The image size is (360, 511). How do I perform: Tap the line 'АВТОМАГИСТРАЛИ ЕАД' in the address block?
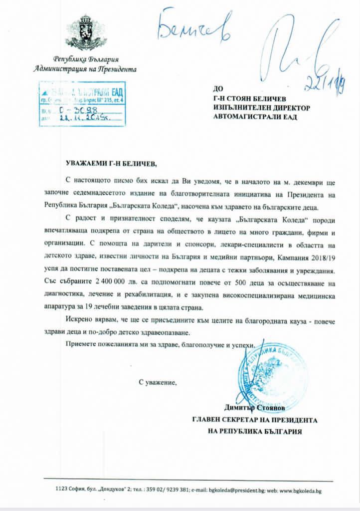[254, 117]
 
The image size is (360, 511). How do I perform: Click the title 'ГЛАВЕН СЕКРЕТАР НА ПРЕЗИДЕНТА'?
[255, 420]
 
